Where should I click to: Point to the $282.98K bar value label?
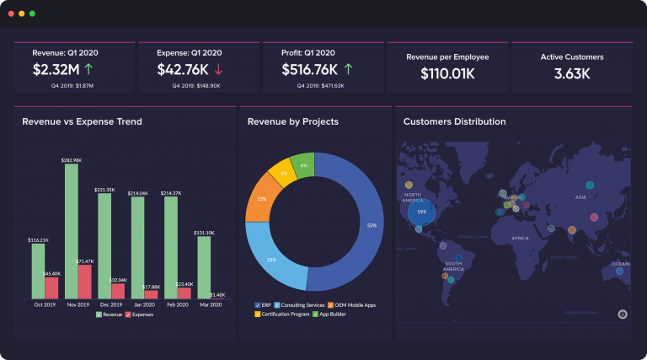(72, 159)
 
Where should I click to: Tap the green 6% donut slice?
(303, 165)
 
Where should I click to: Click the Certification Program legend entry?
(284, 314)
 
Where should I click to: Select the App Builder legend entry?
(330, 314)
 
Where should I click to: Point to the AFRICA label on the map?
(521, 239)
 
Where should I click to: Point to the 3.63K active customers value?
(571, 73)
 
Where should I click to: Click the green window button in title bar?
(32, 13)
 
